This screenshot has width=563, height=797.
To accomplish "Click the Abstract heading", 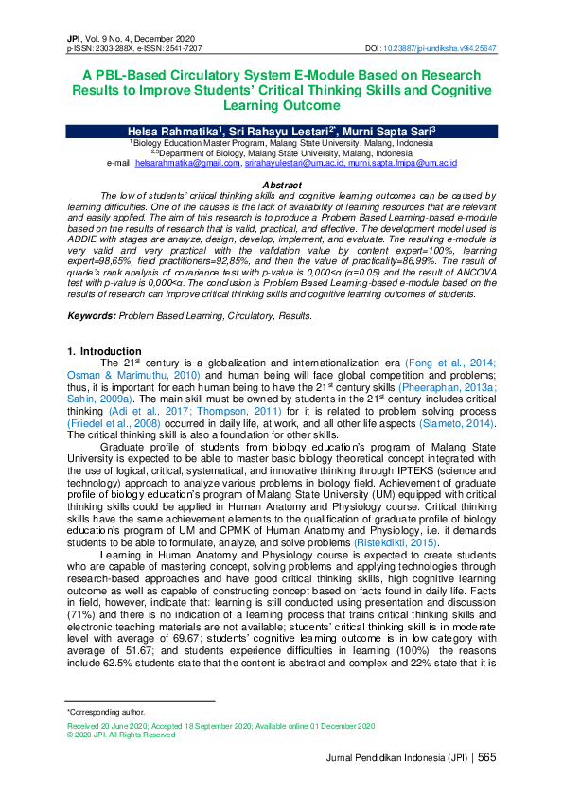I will click(281, 185).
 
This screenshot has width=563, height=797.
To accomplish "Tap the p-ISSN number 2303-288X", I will click(114, 47).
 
